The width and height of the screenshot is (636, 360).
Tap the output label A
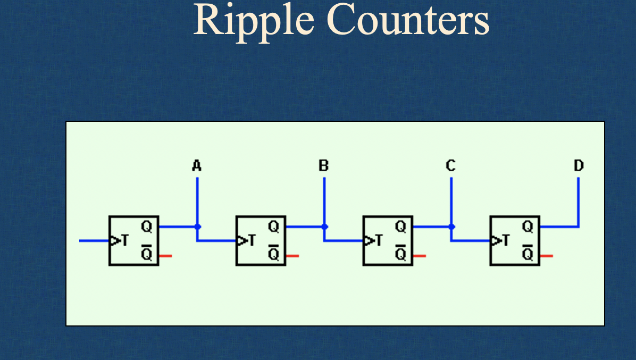tap(197, 166)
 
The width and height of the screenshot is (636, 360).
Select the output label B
tap(324, 166)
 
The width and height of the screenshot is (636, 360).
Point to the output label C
tap(450, 166)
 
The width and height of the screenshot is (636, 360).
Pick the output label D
tap(579, 166)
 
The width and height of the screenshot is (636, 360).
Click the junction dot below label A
tap(197, 227)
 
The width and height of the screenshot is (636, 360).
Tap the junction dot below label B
tap(324, 227)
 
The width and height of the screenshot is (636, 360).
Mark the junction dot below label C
tap(451, 227)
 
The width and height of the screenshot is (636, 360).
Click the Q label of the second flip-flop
tap(273, 227)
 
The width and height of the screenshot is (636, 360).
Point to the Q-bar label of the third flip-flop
tap(400, 254)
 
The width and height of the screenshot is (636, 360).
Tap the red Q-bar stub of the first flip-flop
tap(165, 256)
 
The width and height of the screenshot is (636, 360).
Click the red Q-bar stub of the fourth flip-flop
tap(547, 256)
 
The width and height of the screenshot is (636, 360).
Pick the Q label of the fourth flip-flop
tap(528, 227)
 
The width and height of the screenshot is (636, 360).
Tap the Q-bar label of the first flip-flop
tap(146, 254)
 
